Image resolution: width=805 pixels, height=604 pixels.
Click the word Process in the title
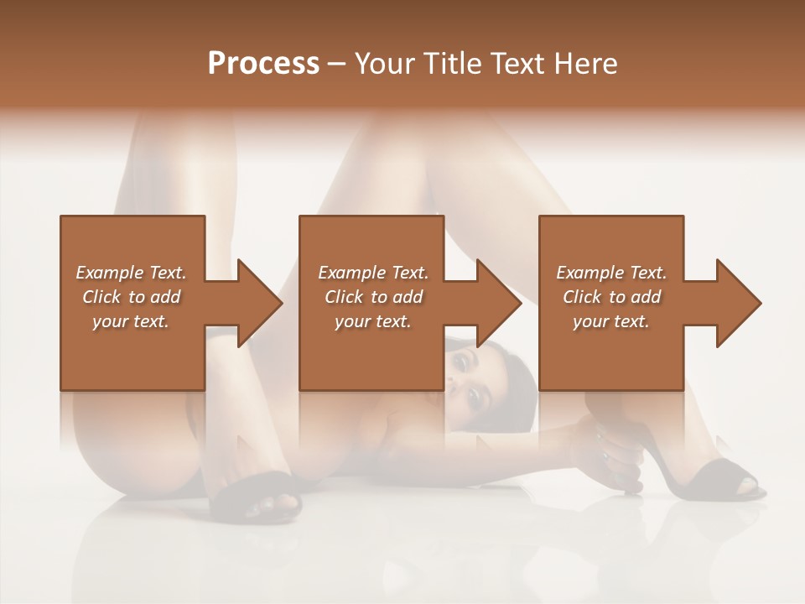[263, 64]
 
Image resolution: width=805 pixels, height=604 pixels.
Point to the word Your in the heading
[382, 64]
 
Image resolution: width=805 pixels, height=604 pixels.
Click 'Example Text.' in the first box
[132, 273]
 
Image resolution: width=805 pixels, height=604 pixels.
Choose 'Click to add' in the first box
[132, 297]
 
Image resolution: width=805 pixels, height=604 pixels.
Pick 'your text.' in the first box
[132, 321]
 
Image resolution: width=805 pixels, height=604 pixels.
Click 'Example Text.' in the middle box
[373, 273]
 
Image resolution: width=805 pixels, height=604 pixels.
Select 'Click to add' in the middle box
[373, 297]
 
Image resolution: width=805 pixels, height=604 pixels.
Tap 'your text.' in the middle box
[373, 321]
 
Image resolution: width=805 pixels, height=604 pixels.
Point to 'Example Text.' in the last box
[611, 273]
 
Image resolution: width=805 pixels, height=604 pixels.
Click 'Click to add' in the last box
[611, 297]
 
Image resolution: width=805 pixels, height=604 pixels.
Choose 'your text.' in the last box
[611, 321]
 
